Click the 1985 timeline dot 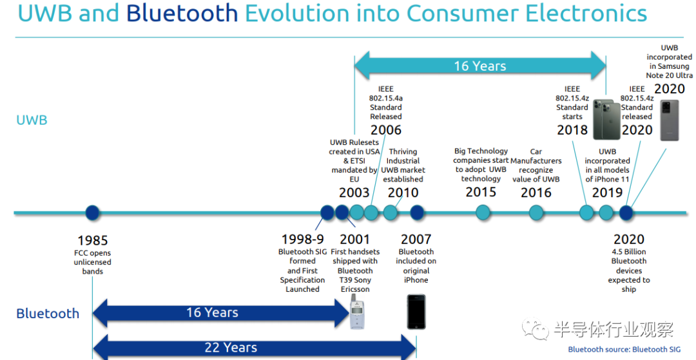[x=92, y=213]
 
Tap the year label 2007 [x=416, y=240]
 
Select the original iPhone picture [x=416, y=312]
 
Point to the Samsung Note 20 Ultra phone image [x=670, y=120]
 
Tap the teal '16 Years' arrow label [x=480, y=66]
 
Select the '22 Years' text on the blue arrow [x=231, y=348]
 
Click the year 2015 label [x=481, y=192]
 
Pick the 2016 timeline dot [x=536, y=213]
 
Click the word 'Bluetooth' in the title [x=182, y=13]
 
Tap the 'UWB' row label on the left [x=32, y=120]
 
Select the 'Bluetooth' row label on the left [x=48, y=314]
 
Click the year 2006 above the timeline [x=386, y=130]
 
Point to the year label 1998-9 [x=303, y=240]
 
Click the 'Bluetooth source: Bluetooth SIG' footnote [x=624, y=349]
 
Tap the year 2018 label [x=572, y=130]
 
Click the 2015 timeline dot [x=483, y=213]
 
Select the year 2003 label [x=354, y=193]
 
